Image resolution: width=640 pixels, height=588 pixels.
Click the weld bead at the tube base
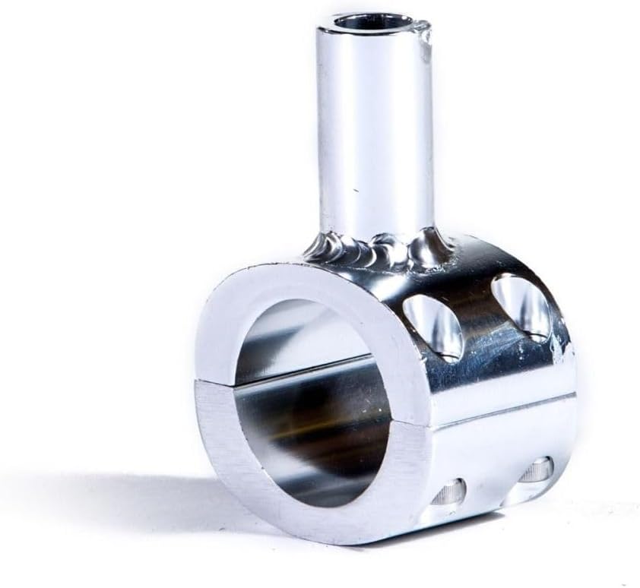[376, 247]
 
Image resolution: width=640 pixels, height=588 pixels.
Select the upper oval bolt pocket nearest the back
[521, 305]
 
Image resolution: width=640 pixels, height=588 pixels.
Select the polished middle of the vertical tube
[372, 129]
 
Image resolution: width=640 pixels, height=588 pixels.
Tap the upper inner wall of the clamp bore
[304, 334]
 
